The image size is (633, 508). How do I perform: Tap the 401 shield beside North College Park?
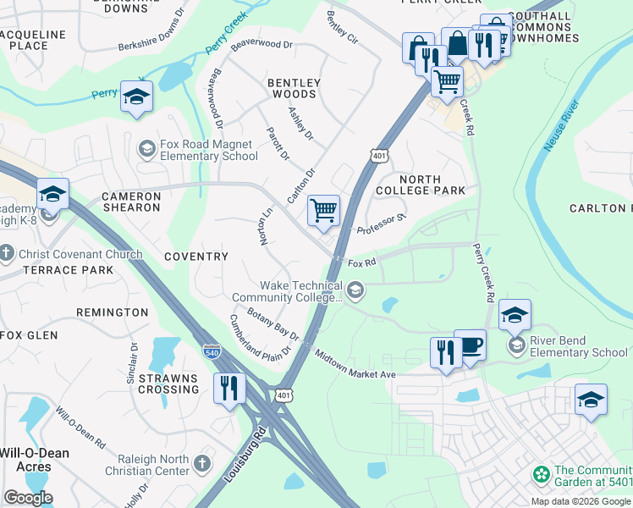[377, 154]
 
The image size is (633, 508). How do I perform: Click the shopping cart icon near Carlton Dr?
[323, 211]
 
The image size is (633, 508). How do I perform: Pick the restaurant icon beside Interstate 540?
[229, 388]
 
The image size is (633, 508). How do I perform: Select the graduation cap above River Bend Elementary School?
[515, 316]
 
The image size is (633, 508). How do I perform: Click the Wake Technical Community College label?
[289, 291]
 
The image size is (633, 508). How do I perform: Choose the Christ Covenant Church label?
[71, 254]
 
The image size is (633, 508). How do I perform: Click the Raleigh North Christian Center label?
[147, 464]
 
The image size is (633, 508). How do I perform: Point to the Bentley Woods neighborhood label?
[294, 88]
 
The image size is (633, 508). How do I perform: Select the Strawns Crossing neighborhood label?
[168, 384]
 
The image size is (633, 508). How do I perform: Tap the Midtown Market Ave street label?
[355, 363]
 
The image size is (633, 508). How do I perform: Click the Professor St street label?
[382, 224]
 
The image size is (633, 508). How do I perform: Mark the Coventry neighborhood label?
[196, 256]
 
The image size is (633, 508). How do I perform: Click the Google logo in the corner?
[28, 498]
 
